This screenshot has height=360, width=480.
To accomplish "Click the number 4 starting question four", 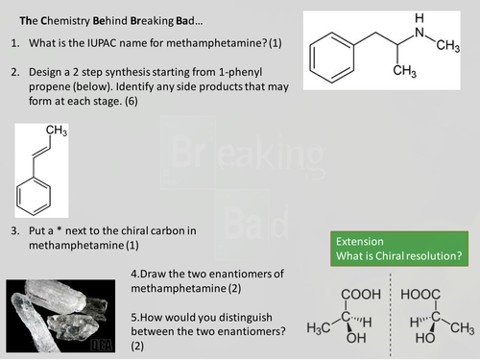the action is (x=134, y=274).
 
